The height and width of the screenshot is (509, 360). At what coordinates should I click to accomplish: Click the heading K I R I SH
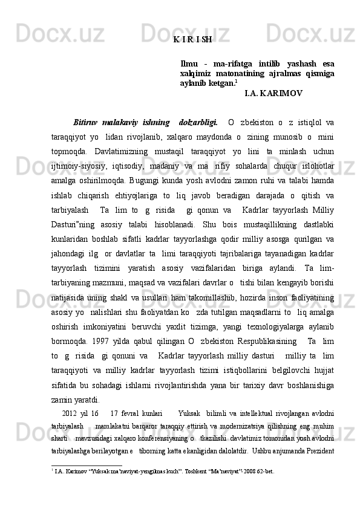(192, 40)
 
